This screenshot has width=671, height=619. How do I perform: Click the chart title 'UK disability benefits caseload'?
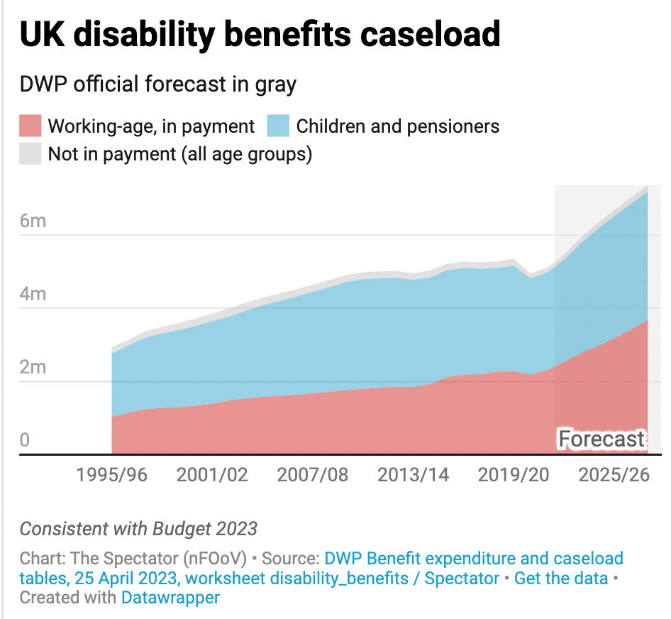(x=260, y=34)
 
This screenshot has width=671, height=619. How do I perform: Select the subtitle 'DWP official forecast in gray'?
(x=158, y=84)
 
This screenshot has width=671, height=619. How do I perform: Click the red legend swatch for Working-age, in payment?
(x=30, y=126)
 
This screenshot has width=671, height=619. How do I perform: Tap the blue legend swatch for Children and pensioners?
(x=279, y=126)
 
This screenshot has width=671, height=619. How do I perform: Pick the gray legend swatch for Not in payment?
(x=30, y=153)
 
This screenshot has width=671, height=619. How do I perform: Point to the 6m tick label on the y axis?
(x=33, y=221)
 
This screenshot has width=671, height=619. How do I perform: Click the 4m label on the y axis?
(x=33, y=294)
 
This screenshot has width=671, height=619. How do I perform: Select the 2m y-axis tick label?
(x=33, y=367)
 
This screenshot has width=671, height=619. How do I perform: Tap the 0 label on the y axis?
(x=25, y=440)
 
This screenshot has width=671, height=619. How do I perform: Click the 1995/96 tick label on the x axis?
(x=112, y=475)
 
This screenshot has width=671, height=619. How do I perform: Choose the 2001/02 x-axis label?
(x=213, y=475)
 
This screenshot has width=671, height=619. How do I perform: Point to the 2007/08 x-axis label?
(x=313, y=475)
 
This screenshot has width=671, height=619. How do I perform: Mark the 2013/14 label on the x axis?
(x=414, y=475)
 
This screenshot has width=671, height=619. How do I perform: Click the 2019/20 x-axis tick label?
(x=514, y=475)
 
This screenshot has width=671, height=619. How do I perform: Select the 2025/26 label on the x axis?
(x=614, y=475)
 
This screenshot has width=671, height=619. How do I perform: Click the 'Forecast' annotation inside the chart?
(x=601, y=439)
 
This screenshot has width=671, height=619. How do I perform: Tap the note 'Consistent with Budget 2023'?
(x=138, y=529)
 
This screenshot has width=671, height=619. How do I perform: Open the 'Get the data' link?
(x=561, y=579)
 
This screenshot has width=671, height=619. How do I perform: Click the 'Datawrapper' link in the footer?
(x=170, y=597)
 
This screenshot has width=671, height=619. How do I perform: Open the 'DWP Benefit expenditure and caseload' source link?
(x=474, y=559)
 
